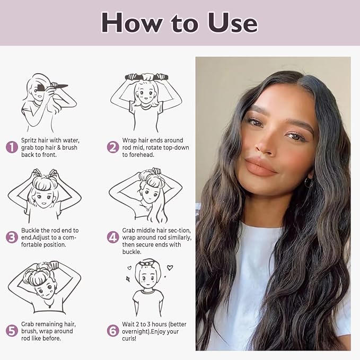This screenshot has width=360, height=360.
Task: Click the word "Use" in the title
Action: tap(233, 23)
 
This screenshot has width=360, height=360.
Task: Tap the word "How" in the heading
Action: tap(131, 23)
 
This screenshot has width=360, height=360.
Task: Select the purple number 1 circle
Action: tap(12, 147)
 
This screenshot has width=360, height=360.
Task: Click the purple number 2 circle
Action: tap(113, 147)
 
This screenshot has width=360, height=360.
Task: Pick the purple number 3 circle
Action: tap(12, 237)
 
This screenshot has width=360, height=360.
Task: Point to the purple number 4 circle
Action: tap(113, 237)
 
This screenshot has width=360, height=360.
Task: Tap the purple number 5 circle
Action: tap(12, 331)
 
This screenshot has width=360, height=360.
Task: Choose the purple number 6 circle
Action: tap(113, 331)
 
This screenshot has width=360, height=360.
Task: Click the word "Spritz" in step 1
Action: tap(29, 141)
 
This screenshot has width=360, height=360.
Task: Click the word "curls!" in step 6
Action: tap(129, 338)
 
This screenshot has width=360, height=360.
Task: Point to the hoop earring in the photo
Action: tap(309, 182)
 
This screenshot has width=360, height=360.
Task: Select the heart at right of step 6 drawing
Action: tap(170, 267)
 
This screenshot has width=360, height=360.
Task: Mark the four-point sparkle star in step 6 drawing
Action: tap(128, 279)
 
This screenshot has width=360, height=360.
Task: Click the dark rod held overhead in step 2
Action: tap(147, 77)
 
